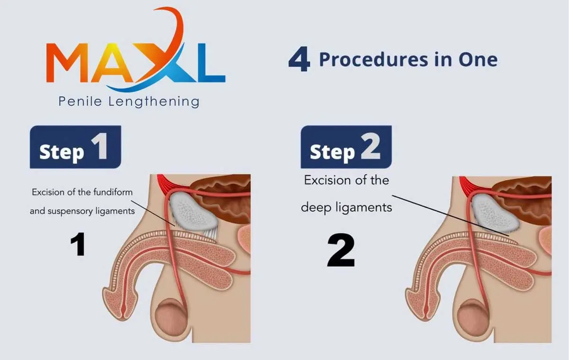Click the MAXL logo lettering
tap(136, 62)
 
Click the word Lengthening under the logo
tap(154, 102)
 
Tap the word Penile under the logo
tap(80, 102)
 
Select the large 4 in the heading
tap(299, 59)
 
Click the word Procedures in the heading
tap(374, 59)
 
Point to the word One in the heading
tap(478, 59)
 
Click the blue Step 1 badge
tap(75, 147)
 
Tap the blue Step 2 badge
tap(346, 147)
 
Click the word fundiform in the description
tap(113, 192)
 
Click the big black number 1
tap(78, 244)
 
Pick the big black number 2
tap(341, 250)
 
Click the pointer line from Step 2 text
tap(450, 216)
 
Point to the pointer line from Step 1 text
tap(153, 213)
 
